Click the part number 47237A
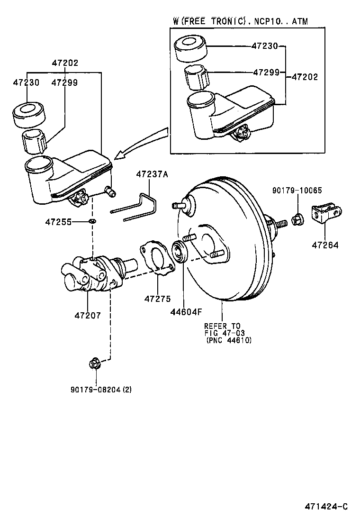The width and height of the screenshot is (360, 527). [152, 174]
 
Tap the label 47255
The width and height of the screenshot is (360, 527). [58, 221]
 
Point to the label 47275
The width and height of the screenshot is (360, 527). [157, 299]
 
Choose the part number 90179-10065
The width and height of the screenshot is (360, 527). [297, 191]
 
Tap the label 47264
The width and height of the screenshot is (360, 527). [325, 245]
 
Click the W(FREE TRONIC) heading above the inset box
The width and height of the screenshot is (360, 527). [239, 20]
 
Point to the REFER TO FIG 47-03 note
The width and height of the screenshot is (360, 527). [228, 333]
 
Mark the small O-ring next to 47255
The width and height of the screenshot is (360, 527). [92, 221]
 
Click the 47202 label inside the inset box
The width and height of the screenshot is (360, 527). [305, 76]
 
